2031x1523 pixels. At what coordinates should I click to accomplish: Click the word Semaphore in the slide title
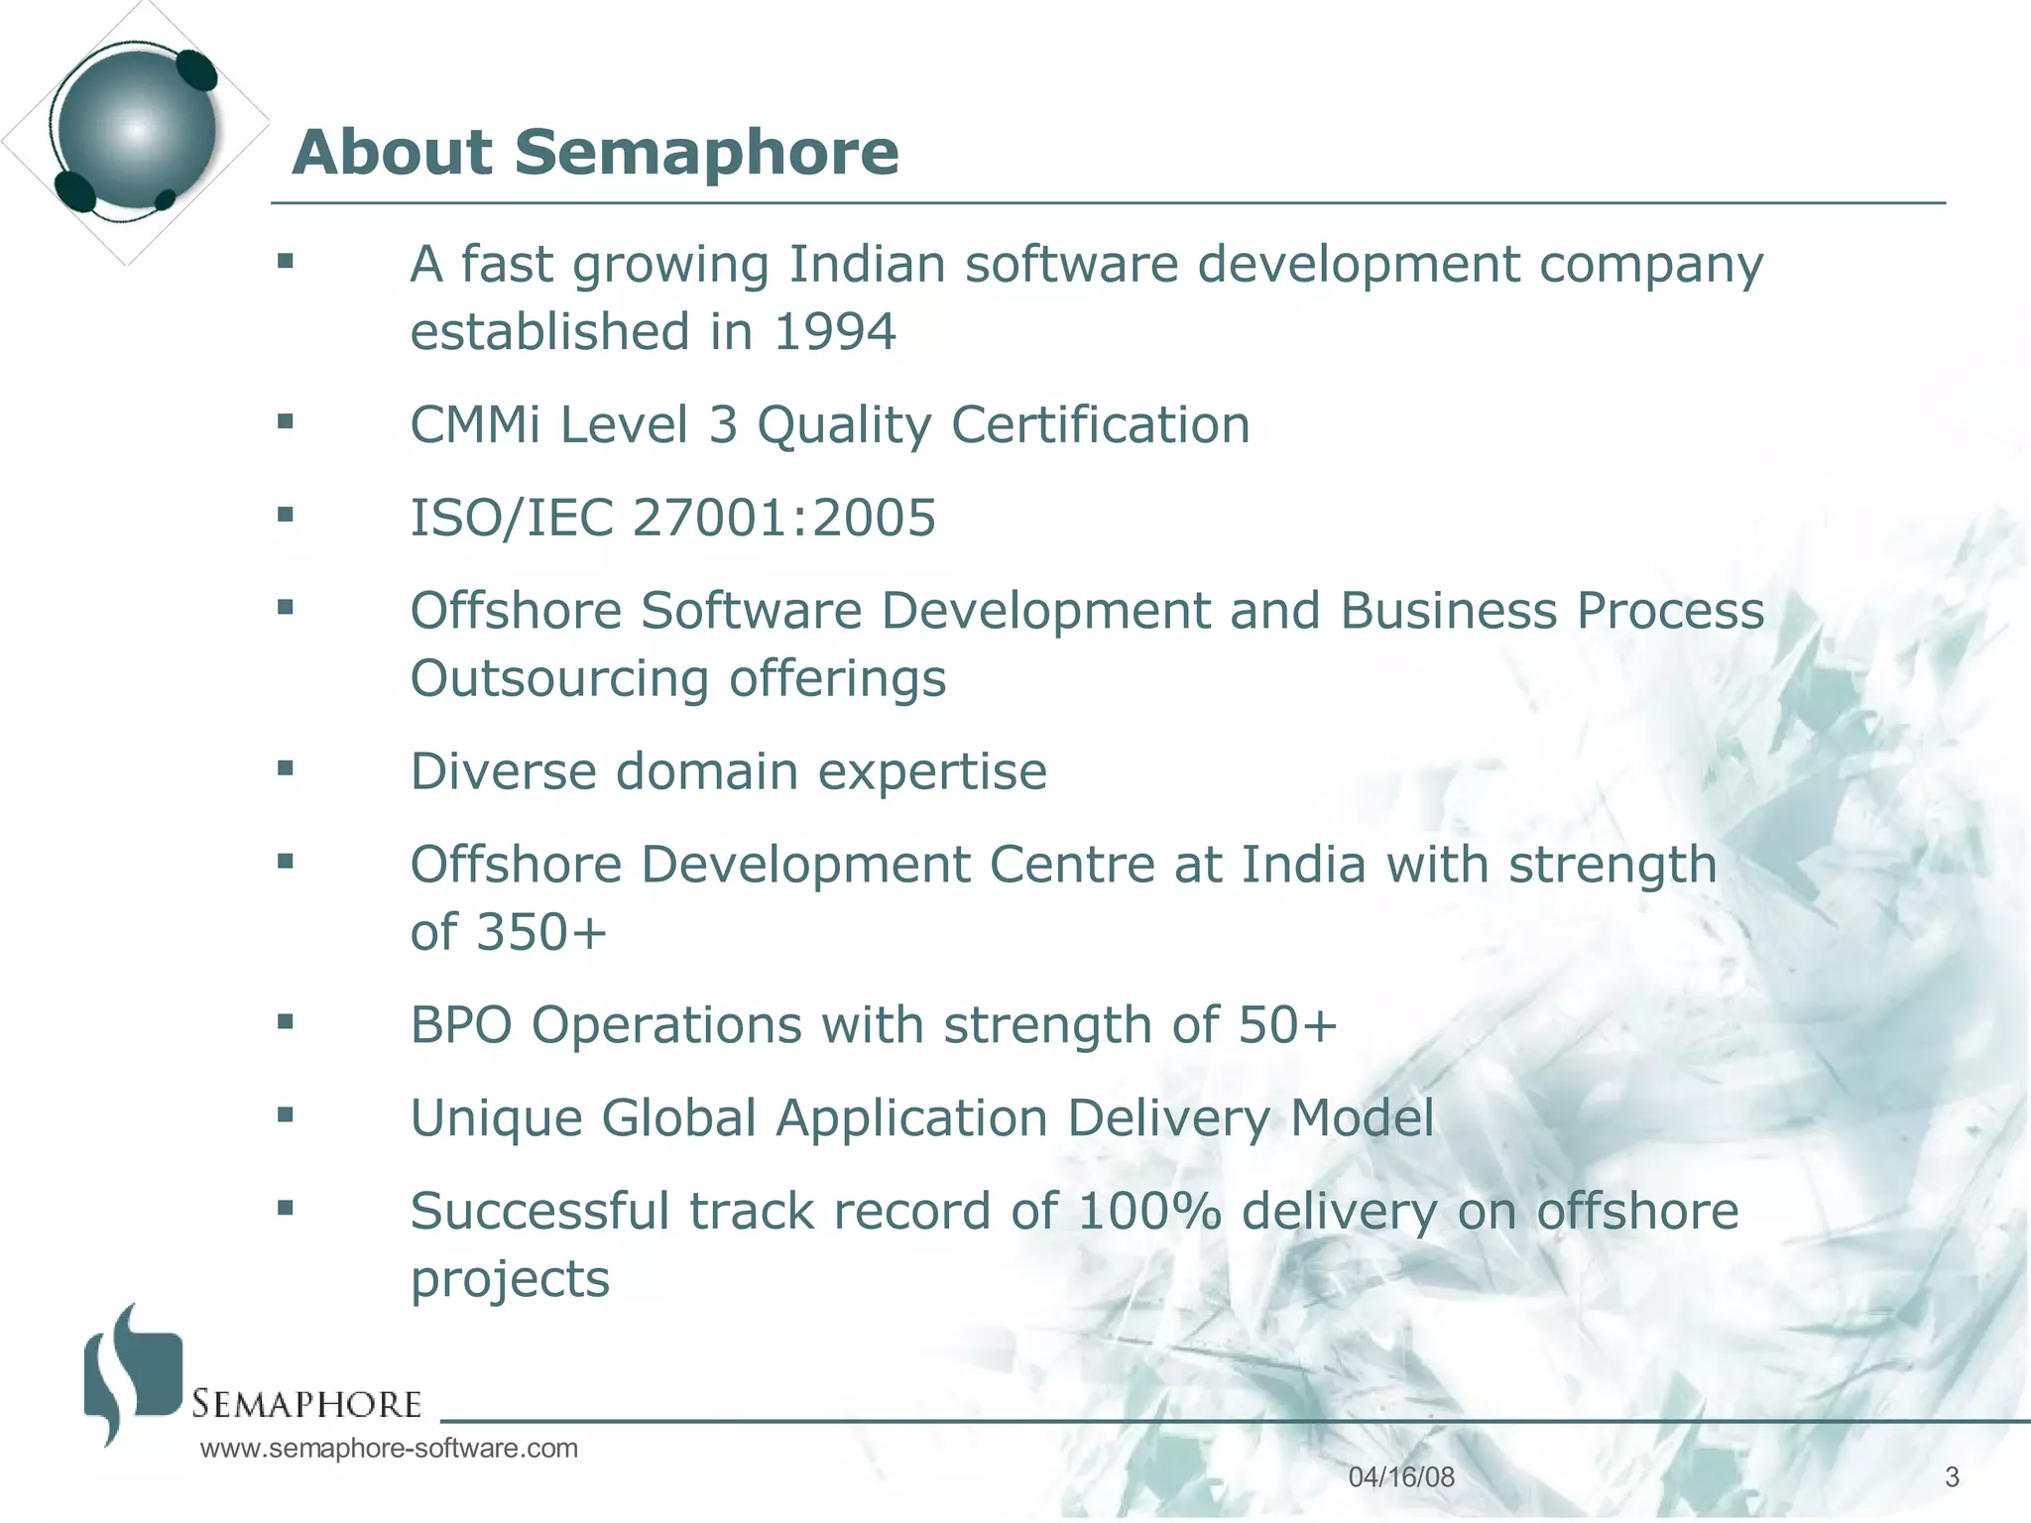tap(705, 153)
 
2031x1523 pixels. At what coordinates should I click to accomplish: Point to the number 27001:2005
tap(783, 518)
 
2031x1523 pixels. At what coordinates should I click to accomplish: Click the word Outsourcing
tap(560, 679)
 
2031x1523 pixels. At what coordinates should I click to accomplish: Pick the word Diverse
tap(504, 771)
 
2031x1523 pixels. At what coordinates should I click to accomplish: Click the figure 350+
tap(541, 933)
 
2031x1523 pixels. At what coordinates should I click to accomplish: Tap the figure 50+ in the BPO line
tap(1287, 1025)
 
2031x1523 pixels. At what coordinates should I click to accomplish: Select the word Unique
tap(496, 1118)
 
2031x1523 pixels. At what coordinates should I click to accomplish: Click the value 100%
tap(1148, 1212)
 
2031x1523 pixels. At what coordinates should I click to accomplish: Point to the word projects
tap(510, 1280)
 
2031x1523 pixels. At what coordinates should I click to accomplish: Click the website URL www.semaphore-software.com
tap(389, 1449)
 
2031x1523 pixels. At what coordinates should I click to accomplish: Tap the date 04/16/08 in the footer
tap(1401, 1477)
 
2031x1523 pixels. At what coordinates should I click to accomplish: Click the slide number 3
tap(1952, 1477)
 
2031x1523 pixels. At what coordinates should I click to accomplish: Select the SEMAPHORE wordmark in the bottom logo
tap(306, 1405)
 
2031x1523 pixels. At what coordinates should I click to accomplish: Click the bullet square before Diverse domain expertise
tap(286, 767)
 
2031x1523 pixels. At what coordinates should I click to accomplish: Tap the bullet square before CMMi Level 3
tap(286, 421)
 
